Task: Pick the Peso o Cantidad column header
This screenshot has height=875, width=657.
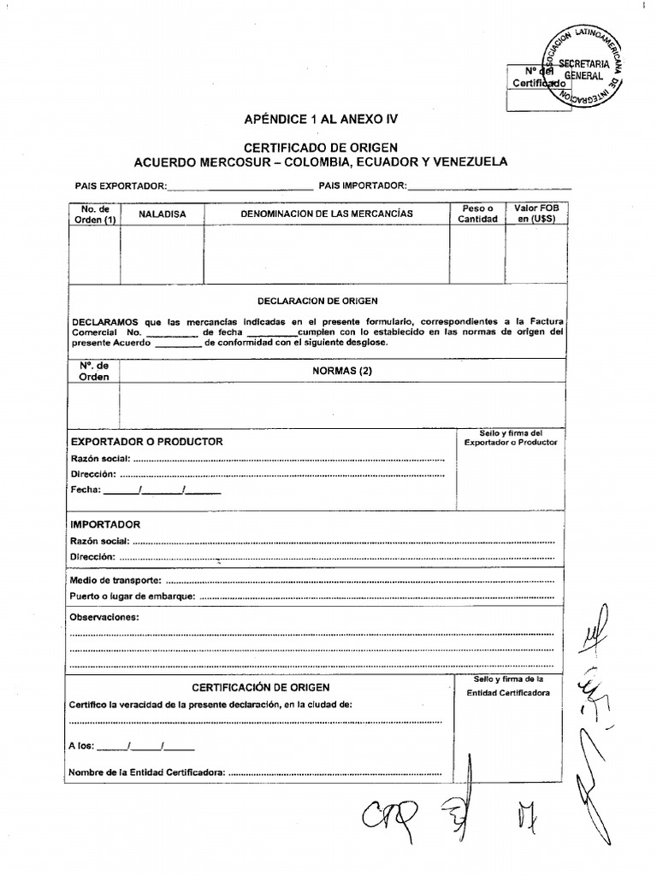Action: tap(476, 214)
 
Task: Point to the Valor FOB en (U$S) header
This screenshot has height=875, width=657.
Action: tap(536, 214)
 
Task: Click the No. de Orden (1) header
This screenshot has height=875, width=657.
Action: tap(95, 214)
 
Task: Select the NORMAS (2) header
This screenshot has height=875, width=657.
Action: tap(342, 371)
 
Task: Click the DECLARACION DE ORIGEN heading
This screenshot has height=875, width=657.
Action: tap(317, 301)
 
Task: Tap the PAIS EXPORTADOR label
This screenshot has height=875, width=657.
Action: tap(121, 185)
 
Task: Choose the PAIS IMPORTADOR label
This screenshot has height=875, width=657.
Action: tap(363, 185)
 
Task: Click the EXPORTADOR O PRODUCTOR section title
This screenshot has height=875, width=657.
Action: tap(147, 442)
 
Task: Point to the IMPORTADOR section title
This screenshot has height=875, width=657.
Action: tap(105, 525)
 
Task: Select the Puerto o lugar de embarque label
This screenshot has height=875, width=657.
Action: tap(133, 596)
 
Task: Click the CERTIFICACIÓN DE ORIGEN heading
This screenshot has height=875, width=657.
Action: tap(260, 687)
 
